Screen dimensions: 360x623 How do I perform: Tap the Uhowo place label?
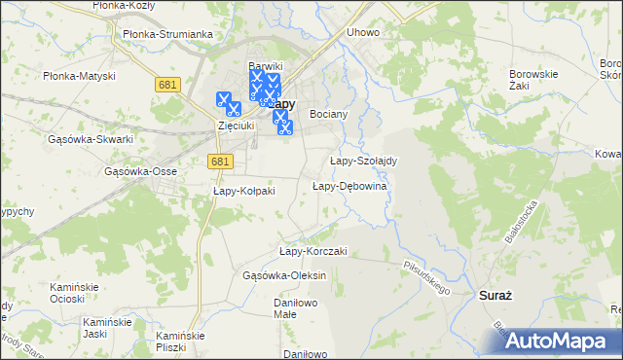pos(363,32)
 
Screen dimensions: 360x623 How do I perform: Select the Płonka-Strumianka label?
pos(167,34)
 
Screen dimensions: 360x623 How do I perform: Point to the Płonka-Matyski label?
pos(80,76)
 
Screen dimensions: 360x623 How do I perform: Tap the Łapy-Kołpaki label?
pos(244,191)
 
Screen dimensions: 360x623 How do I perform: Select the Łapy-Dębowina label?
pos(349,186)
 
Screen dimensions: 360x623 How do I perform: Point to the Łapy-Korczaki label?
pos(313,251)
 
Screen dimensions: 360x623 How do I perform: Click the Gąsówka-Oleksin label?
pos(284,275)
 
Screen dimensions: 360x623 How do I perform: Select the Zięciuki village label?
pos(235,126)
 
